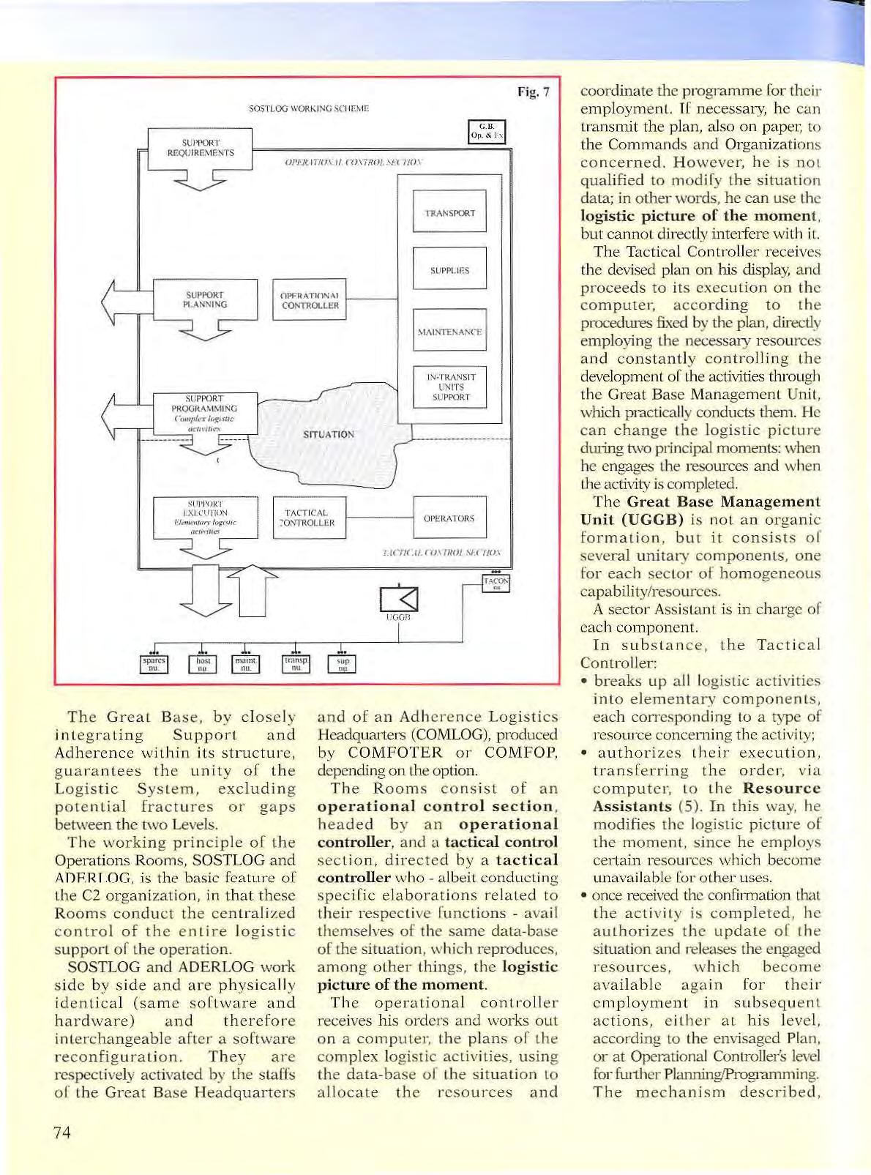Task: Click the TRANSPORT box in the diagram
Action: pos(449,213)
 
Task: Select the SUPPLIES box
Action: pos(449,270)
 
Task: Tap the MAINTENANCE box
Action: pos(449,332)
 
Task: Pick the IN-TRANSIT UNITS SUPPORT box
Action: pos(449,387)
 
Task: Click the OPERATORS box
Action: pos(449,518)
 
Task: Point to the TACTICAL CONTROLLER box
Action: pos(308,518)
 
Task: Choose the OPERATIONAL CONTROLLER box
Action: pos(309,300)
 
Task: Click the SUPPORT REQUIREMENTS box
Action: pos(200,148)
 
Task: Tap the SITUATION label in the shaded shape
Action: pos(329,434)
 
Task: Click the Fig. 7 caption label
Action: pos(533,92)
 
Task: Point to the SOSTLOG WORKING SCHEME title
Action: pos(309,109)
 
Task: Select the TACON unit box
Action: pos(496,583)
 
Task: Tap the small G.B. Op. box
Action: pos(487,132)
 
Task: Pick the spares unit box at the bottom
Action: pos(154,664)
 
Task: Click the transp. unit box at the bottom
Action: pos(296,664)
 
